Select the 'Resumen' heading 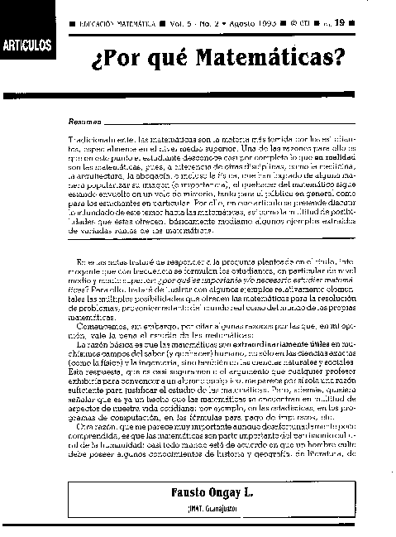pyautogui.click(x=83, y=122)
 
